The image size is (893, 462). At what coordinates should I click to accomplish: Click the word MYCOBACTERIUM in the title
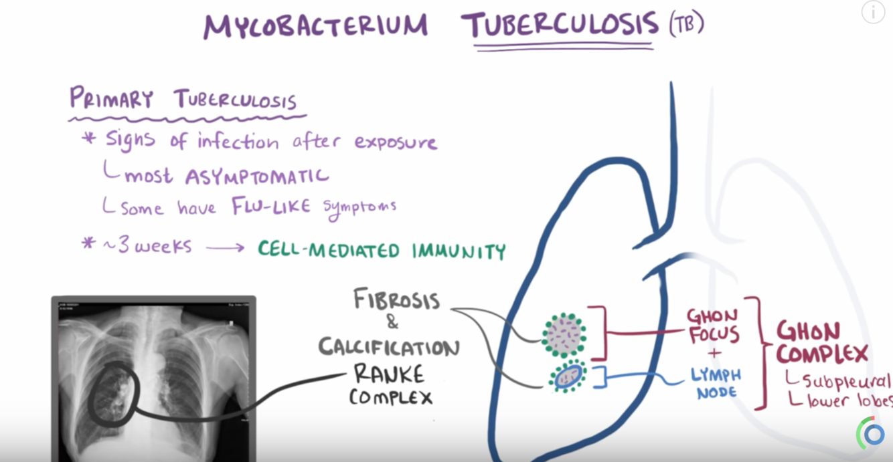[315, 27]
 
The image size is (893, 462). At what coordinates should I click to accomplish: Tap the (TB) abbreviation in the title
[685, 24]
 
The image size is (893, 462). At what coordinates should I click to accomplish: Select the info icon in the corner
[873, 12]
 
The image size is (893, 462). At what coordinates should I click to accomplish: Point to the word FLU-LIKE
[271, 206]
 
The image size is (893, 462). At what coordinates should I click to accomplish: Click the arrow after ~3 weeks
[225, 247]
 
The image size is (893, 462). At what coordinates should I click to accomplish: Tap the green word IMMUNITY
[459, 251]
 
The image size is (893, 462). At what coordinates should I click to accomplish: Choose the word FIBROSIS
[396, 299]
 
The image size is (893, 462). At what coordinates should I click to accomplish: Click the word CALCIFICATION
[388, 347]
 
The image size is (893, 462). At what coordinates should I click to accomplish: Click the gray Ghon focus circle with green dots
[564, 335]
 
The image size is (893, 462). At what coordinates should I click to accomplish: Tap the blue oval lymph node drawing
[568, 377]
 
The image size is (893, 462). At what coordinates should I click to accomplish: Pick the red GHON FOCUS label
[714, 325]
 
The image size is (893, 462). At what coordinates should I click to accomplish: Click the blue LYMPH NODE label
[716, 384]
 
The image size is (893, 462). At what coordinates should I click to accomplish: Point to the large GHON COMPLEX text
[822, 342]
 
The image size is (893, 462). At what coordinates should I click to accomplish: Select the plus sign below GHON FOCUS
[714, 354]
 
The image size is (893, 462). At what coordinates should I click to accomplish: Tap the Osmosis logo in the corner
[872, 434]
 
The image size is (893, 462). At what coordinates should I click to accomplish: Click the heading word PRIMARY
[111, 99]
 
